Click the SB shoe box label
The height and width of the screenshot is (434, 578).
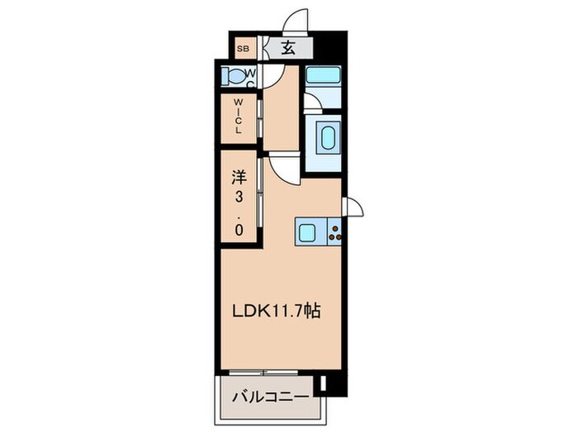[x=244, y=49]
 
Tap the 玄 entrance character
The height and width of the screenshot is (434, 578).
[x=287, y=48]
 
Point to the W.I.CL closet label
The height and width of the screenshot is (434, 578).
[x=238, y=117]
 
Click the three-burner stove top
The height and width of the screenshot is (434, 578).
[x=337, y=231]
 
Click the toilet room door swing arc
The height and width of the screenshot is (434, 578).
[x=285, y=79]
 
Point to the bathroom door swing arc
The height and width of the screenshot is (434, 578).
[x=312, y=103]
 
